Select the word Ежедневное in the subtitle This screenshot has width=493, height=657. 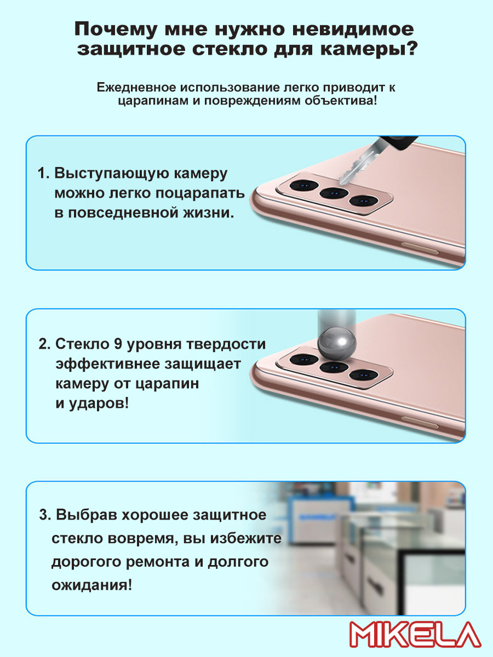136,87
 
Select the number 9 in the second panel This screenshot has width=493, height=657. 118,344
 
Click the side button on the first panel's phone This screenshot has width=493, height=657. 420,248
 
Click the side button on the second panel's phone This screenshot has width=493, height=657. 420,422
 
